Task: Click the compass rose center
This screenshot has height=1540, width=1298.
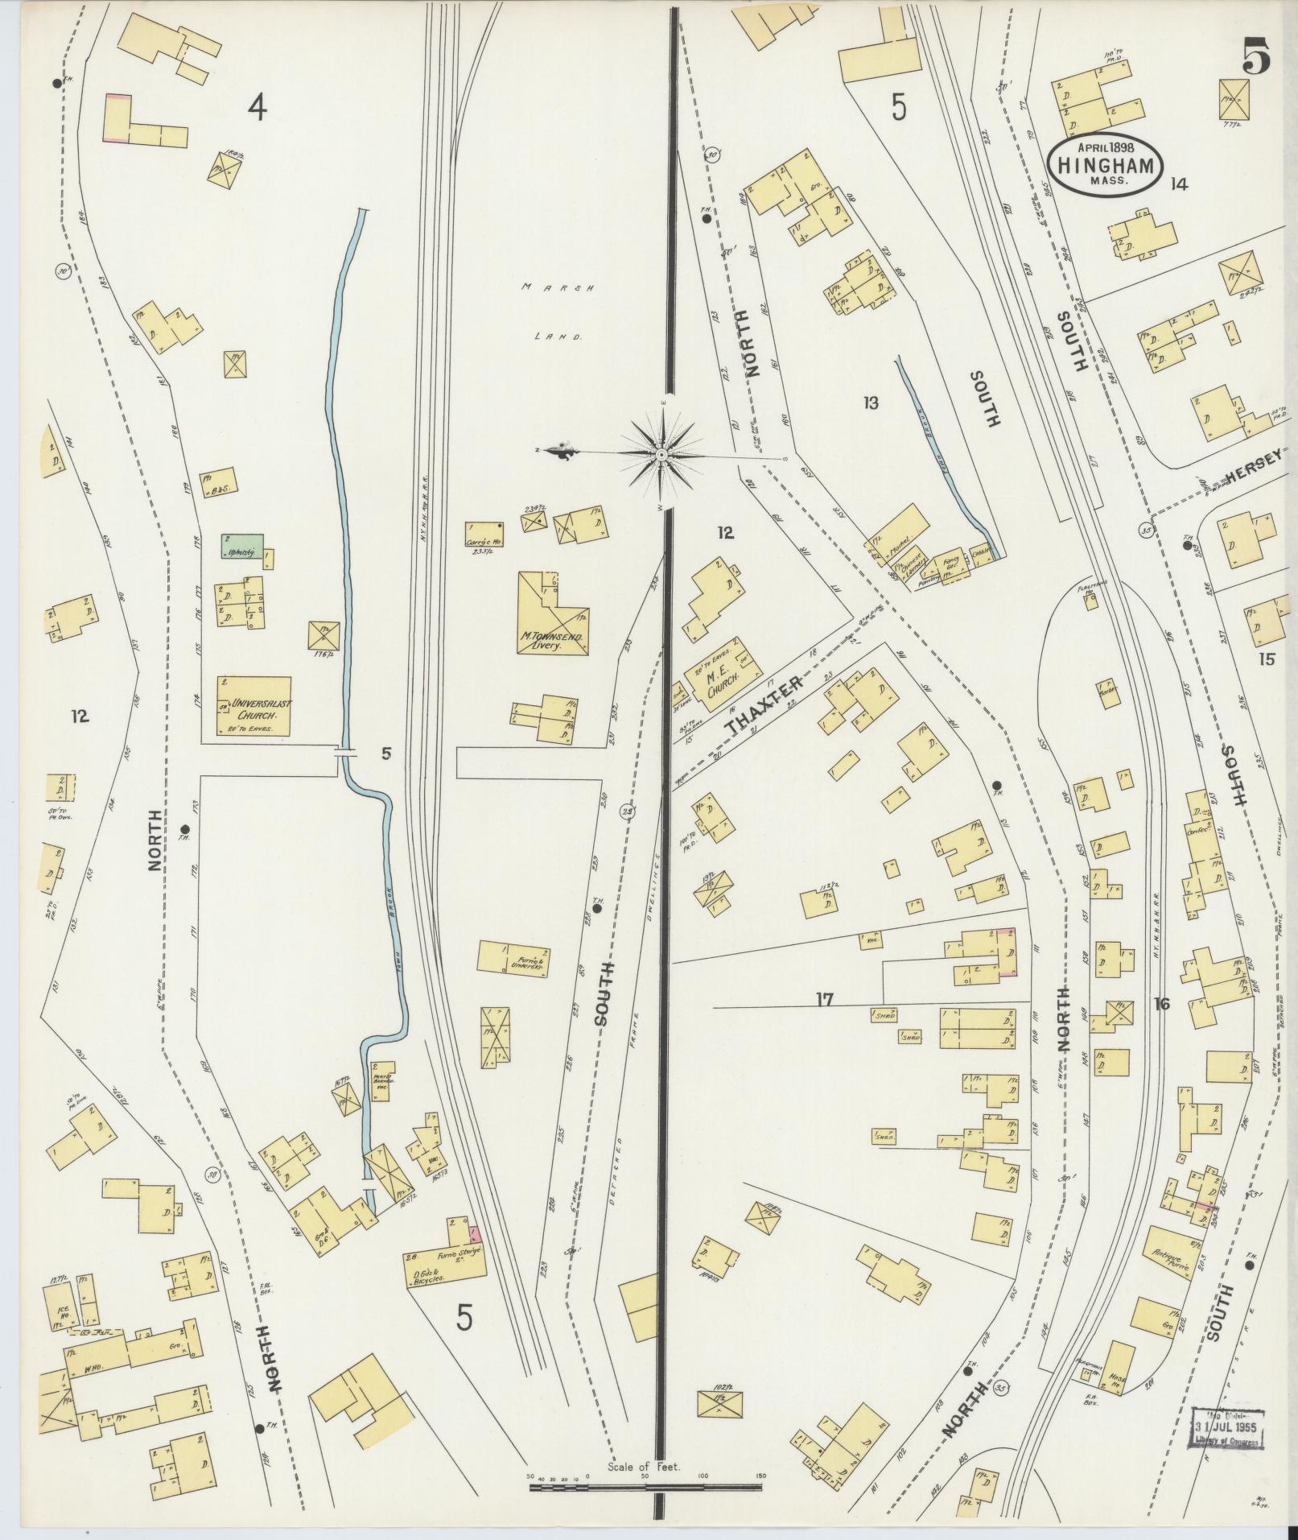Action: pos(661,456)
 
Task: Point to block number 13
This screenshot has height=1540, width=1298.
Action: pos(870,403)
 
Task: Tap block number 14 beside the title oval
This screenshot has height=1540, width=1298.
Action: pos(1179,184)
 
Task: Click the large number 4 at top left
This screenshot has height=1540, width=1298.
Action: pos(257,106)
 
